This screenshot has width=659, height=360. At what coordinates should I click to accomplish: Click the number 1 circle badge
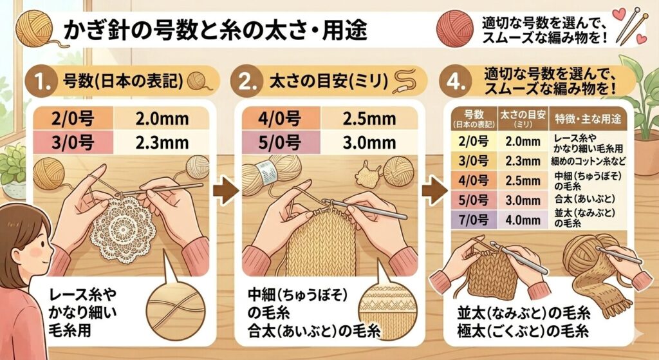(41, 81)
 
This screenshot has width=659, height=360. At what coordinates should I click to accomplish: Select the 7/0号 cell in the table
(473, 220)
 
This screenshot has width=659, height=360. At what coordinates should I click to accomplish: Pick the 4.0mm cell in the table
(523, 220)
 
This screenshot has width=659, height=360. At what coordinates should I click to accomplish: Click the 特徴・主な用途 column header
(588, 119)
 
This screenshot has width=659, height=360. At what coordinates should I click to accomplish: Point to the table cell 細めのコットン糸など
(588, 161)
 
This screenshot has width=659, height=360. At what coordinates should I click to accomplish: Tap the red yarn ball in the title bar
(455, 28)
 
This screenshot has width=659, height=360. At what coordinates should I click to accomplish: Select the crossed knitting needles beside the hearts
(629, 26)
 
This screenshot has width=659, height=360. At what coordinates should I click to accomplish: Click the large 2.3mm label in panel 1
(162, 143)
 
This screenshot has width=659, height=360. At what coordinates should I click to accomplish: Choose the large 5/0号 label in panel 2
(279, 143)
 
